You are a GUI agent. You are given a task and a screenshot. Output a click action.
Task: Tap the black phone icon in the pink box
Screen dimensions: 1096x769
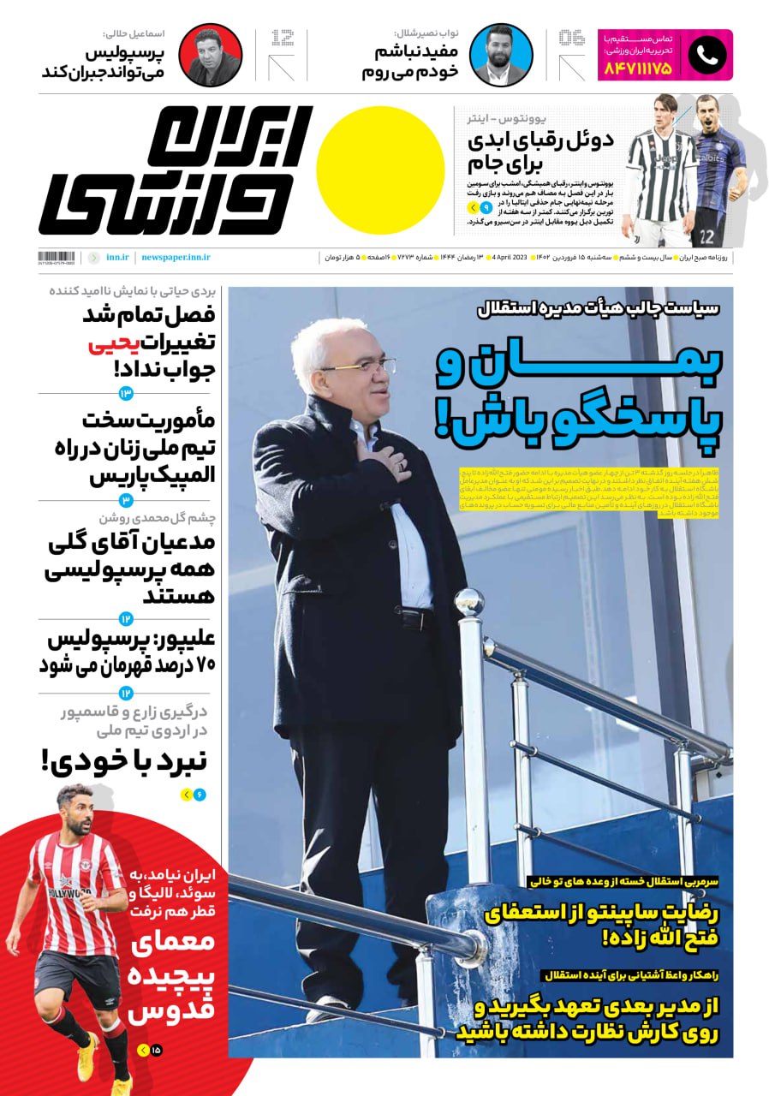[706, 56]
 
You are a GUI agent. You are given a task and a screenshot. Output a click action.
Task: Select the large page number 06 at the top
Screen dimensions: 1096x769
[571, 39]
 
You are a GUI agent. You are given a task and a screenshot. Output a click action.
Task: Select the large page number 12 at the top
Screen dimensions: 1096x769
[282, 39]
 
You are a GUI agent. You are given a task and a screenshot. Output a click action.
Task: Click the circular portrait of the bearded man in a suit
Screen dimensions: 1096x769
[501, 56]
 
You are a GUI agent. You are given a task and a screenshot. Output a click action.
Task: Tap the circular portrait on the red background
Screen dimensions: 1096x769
[210, 56]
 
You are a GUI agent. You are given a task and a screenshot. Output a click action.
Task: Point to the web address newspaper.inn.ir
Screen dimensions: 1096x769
[176, 257]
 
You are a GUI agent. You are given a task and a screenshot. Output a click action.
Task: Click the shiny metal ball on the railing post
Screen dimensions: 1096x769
[468, 603]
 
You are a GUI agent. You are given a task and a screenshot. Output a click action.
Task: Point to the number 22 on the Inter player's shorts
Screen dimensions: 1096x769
[706, 236]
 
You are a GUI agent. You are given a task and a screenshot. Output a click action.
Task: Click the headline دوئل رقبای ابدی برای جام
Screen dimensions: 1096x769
[539, 152]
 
